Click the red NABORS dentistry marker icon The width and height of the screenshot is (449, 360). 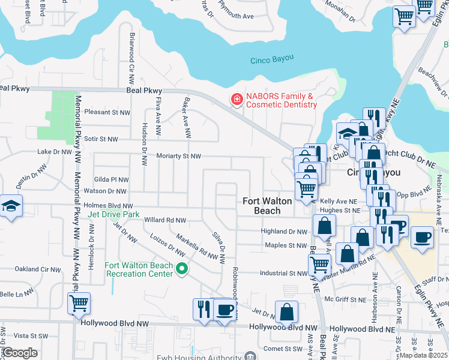pos(237,100)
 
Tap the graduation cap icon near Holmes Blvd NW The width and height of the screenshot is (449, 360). pos(11,206)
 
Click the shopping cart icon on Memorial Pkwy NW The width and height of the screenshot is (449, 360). pos(79,304)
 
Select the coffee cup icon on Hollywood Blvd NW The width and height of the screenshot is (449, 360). pos(225,310)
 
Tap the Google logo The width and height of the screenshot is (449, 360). pos(20,353)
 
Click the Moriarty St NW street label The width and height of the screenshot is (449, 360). pos(178,156)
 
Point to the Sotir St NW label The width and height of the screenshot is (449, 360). pos(107,139)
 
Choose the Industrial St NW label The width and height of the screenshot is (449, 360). pos(283,274)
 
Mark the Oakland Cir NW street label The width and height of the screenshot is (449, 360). pos(35,268)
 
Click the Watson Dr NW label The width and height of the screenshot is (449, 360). pos(105,191)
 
